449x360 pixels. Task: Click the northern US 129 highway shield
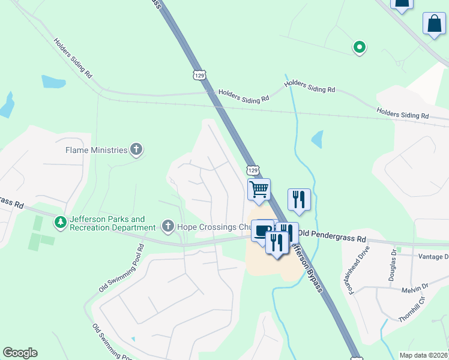click(200, 74)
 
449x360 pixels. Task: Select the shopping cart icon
click(259, 189)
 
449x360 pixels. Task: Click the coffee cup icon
click(262, 230)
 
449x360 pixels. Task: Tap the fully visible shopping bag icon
click(434, 24)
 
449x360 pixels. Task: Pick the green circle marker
click(359, 46)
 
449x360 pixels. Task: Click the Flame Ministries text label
click(97, 149)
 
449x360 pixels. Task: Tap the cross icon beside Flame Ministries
click(136, 149)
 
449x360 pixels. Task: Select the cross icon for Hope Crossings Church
click(167, 226)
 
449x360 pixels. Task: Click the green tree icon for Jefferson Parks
click(61, 223)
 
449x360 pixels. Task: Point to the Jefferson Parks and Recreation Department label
click(112, 224)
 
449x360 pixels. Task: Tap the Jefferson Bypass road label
click(306, 264)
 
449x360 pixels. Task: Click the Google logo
click(20, 353)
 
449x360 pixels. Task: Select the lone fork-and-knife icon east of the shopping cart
click(299, 200)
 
